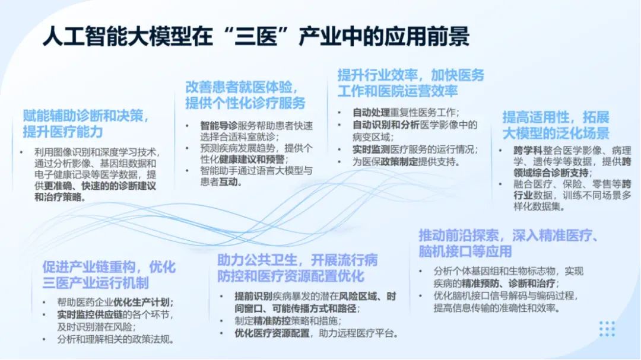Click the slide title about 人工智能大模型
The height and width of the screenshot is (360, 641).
[256, 37]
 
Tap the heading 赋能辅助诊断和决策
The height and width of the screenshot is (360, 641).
[85, 114]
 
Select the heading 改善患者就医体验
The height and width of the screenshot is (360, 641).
[240, 87]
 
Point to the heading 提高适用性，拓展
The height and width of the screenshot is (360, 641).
[547, 117]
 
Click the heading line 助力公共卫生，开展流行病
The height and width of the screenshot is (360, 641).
[297, 260]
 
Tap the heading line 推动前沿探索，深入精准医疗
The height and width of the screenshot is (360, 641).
[508, 235]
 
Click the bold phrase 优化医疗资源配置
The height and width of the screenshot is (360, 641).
[272, 333]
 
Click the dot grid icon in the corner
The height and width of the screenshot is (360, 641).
[607, 329]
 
